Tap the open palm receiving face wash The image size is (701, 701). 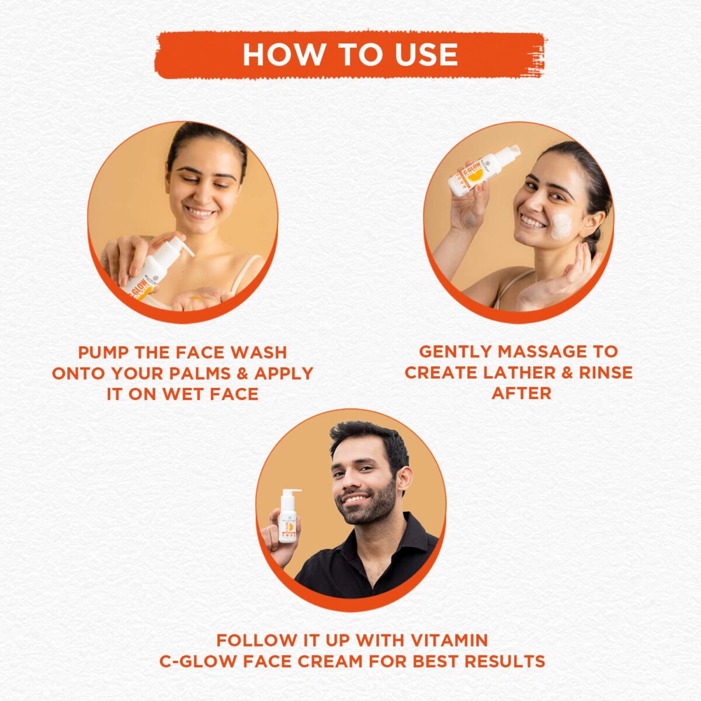[x=196, y=297]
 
